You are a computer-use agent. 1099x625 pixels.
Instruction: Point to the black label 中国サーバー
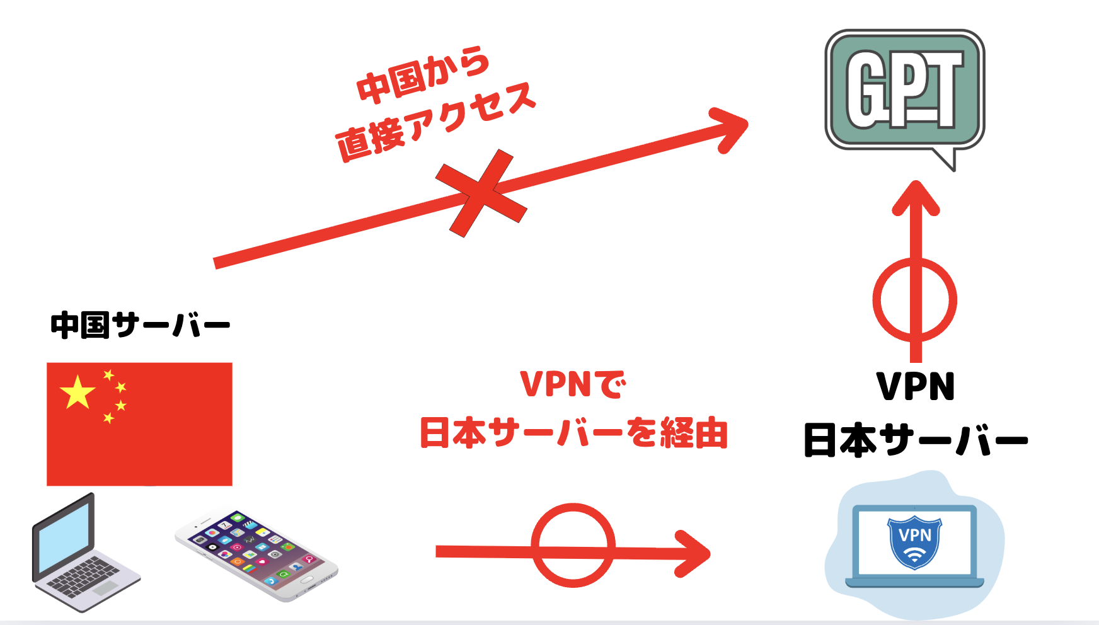coord(140,326)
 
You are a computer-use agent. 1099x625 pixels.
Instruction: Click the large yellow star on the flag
coord(78,392)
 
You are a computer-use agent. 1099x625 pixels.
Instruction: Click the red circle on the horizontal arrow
coord(573,545)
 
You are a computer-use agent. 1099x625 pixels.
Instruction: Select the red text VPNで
coord(573,384)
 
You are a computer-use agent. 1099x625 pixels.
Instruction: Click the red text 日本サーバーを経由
coord(573,433)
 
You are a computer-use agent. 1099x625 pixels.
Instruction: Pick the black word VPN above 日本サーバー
coord(916,386)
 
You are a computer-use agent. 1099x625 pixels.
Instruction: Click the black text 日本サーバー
coord(916,440)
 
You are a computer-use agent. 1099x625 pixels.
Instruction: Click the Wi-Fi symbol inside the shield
coord(914,554)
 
